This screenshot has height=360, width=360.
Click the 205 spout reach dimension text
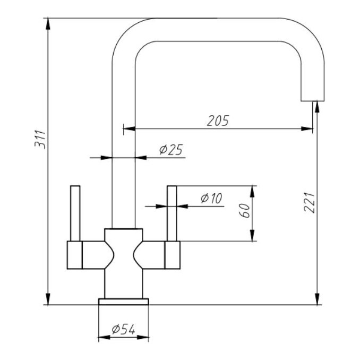tap(217, 120)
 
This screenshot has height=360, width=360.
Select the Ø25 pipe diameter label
tap(170, 150)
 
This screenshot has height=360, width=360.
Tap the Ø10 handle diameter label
tap(211, 199)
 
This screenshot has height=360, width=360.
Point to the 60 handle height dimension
tap(244, 211)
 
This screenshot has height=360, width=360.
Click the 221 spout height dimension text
tap(311, 202)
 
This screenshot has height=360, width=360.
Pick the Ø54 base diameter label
tap(123, 330)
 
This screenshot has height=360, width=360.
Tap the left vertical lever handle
tap(75, 212)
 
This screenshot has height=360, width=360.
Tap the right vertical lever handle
tap(172, 212)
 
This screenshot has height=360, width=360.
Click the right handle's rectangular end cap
tap(173, 254)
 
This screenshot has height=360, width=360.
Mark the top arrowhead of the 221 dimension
tap(317, 106)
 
